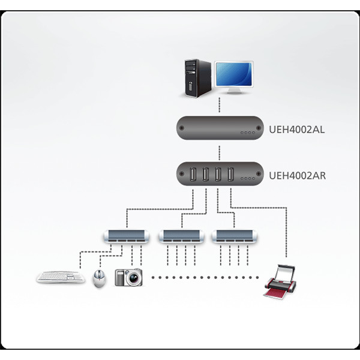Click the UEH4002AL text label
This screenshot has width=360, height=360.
click(x=296, y=130)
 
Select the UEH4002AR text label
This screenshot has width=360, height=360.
click(x=298, y=176)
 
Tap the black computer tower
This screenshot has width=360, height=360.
click(x=197, y=78)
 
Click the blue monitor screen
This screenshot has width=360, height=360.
click(x=234, y=74)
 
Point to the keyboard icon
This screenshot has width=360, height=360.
click(x=61, y=277)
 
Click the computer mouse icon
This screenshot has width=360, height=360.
click(x=99, y=278)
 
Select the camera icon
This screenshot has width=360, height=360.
click(x=128, y=277)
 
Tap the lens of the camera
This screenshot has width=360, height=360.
click(x=133, y=278)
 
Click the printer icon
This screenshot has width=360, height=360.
click(x=280, y=282)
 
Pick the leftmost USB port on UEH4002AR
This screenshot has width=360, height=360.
click(x=193, y=174)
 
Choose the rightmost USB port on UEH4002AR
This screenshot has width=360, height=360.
click(x=230, y=174)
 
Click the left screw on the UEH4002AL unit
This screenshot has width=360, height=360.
click(x=182, y=128)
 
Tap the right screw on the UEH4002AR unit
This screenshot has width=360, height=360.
click(x=259, y=174)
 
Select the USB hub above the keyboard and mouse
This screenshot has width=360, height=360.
click(x=127, y=236)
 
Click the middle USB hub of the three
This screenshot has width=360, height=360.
click(x=181, y=236)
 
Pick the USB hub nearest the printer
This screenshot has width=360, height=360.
click(x=235, y=236)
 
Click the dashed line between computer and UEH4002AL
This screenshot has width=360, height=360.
click(x=219, y=105)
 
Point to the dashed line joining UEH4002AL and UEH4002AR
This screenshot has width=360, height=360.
click(x=219, y=153)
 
